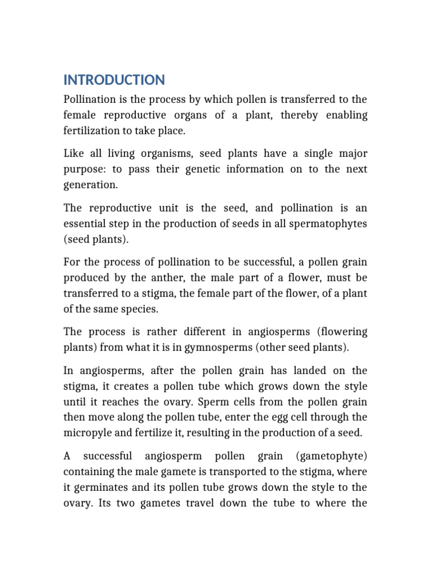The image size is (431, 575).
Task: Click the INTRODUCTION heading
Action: pyautogui.click(x=114, y=80)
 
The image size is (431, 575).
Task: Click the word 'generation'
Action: pyautogui.click(x=90, y=185)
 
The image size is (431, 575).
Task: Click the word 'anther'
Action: pyautogui.click(x=160, y=277)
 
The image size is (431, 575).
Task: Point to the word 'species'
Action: pyautogui.click(x=145, y=308)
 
